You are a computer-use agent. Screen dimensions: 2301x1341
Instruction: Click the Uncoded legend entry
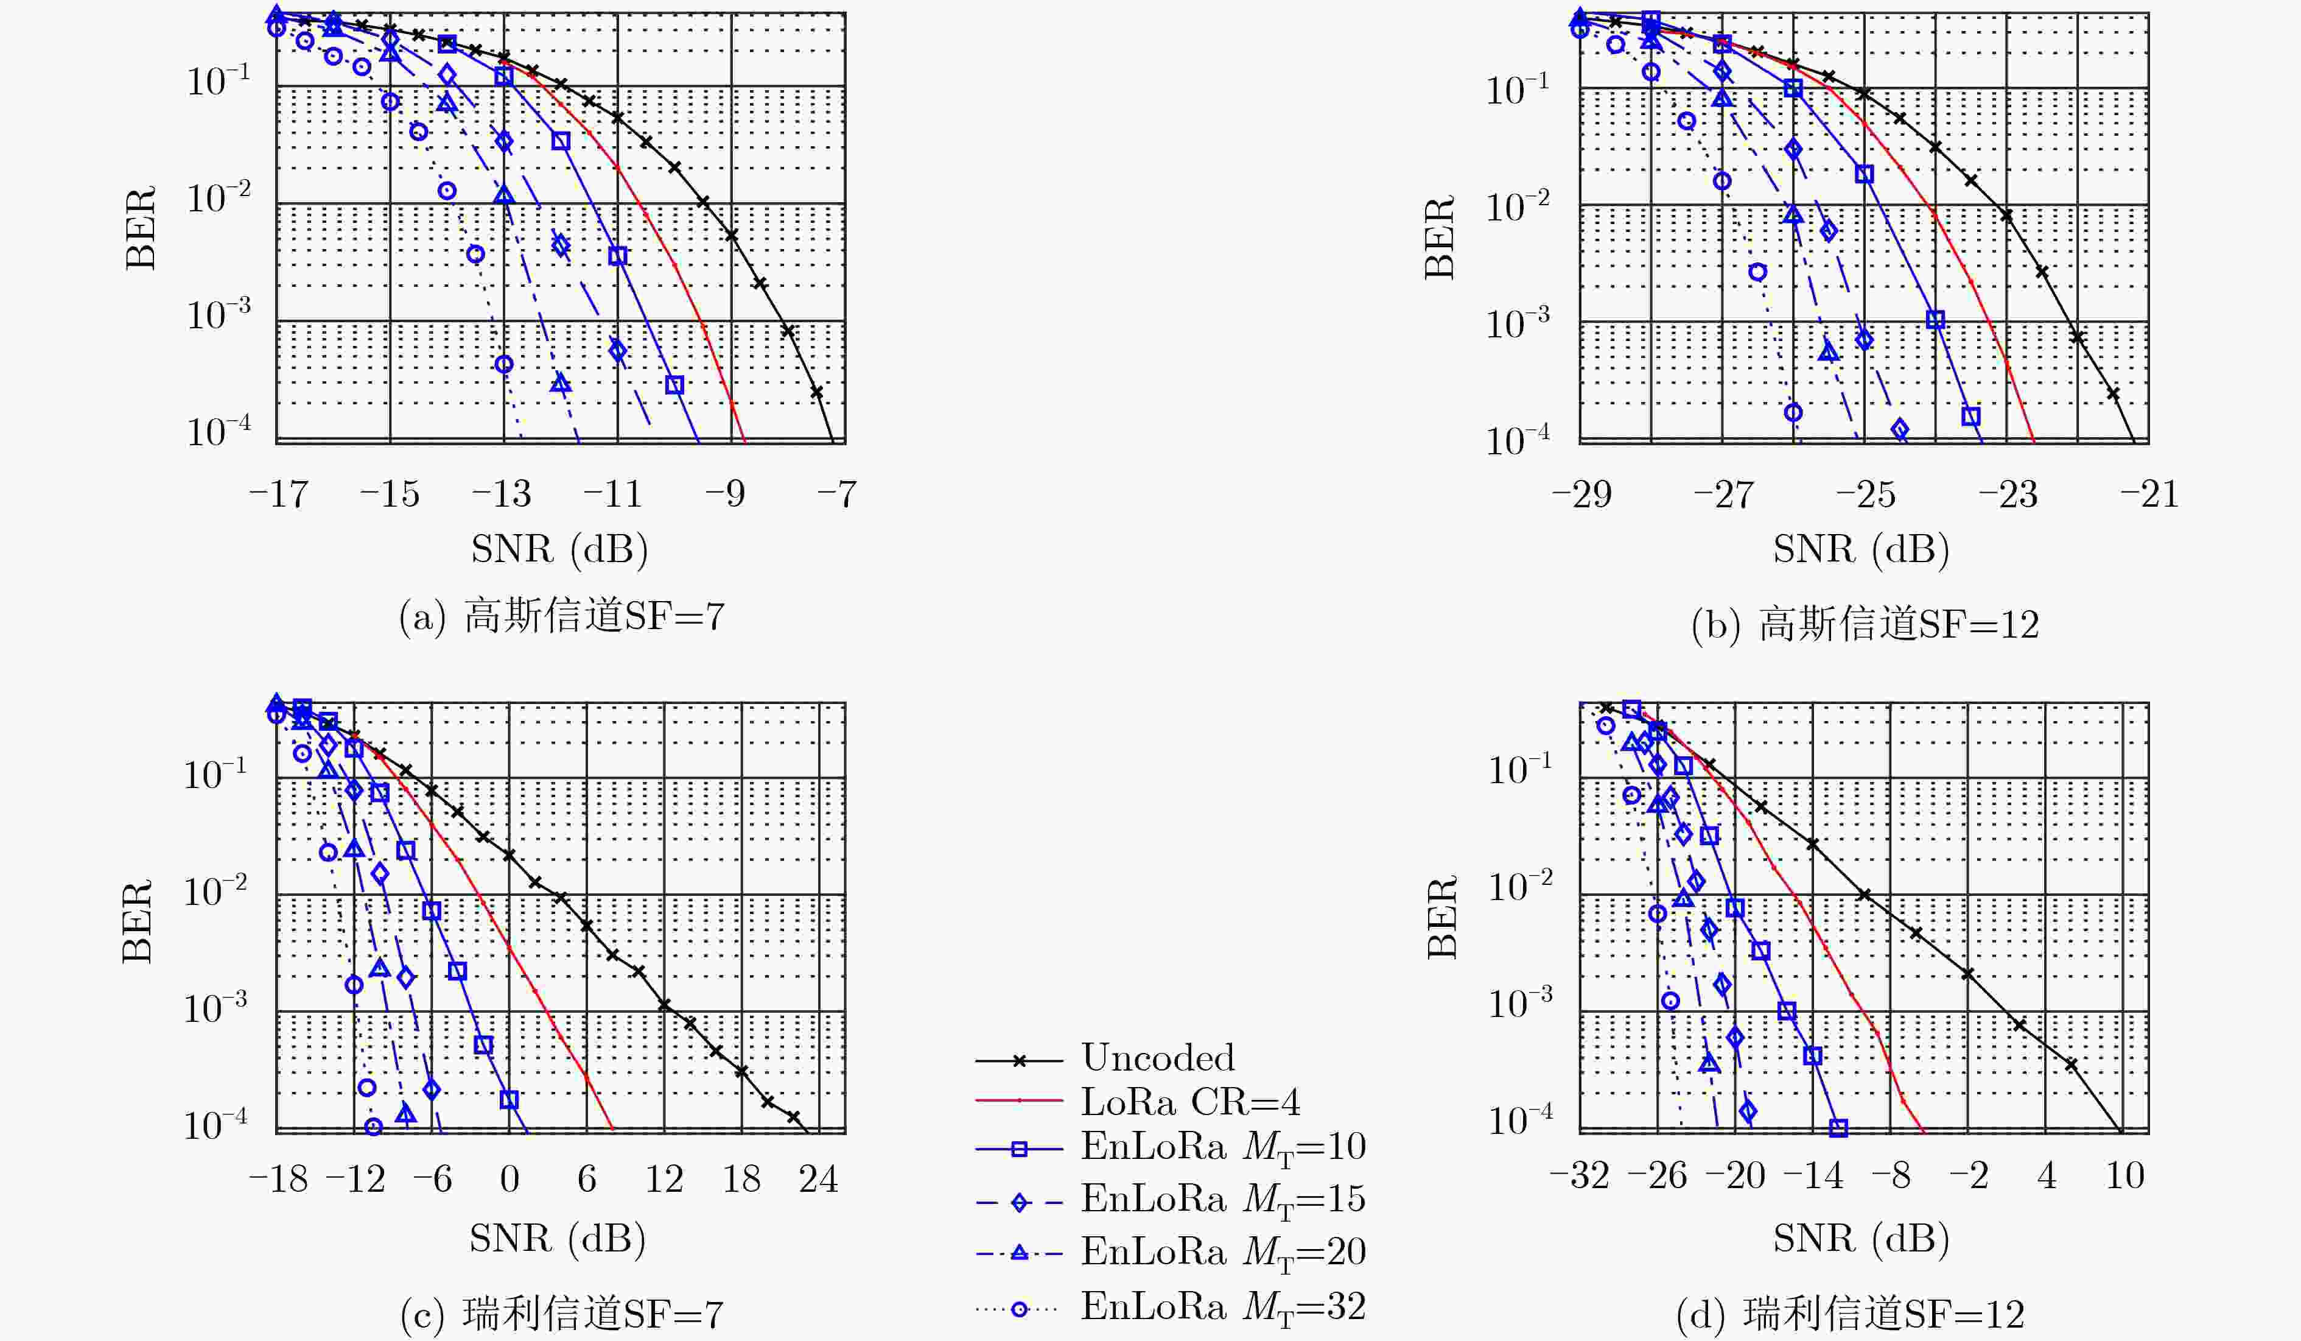pyautogui.click(x=1158, y=1058)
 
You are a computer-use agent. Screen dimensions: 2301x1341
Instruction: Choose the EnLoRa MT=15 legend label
pyautogui.click(x=1224, y=1200)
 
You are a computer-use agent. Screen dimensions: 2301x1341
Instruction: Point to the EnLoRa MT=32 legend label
pyautogui.click(x=1224, y=1308)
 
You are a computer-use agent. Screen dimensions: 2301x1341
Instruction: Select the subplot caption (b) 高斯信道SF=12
pyautogui.click(x=1865, y=625)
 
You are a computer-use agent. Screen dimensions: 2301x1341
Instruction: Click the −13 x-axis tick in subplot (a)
pyautogui.click(x=502, y=495)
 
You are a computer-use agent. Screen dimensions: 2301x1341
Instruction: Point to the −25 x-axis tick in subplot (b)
pyautogui.click(x=1865, y=495)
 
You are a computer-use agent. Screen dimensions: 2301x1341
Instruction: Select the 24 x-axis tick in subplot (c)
pyautogui.click(x=818, y=1178)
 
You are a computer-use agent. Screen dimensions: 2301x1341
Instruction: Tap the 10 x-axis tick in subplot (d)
pyautogui.click(x=2124, y=1175)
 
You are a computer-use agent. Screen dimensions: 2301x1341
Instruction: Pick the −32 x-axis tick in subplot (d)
pyautogui.click(x=1580, y=1175)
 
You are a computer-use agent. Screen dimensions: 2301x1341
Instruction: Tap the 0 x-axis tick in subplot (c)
pyautogui.click(x=510, y=1178)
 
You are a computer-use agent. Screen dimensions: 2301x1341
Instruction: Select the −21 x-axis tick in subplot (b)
pyautogui.click(x=2149, y=495)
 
